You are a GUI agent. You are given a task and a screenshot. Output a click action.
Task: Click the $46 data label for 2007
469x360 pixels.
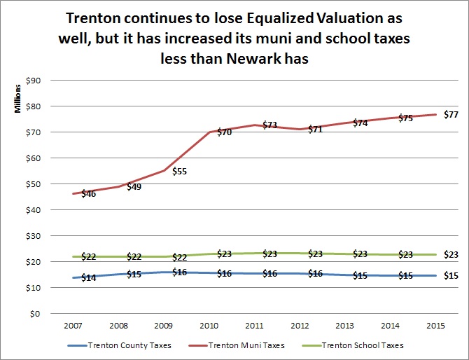click(88, 193)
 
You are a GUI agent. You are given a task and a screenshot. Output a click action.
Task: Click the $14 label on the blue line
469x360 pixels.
click(88, 277)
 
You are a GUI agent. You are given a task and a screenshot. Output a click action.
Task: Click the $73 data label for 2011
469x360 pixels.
click(269, 125)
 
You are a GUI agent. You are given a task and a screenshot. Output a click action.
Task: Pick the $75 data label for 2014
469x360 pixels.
click(406, 118)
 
